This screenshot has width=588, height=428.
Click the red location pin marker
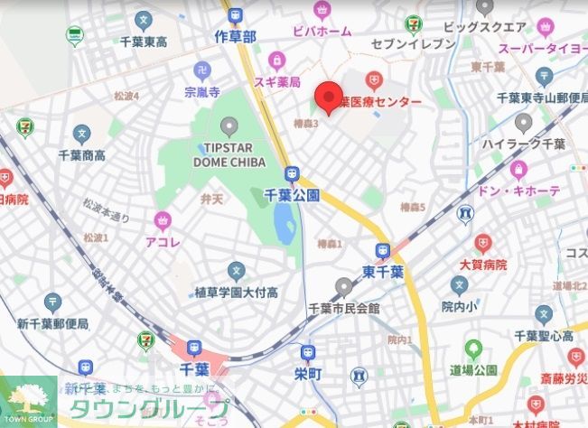click(x=327, y=95)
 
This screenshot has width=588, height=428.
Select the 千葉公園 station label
click(x=291, y=194)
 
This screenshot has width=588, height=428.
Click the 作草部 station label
click(x=236, y=35)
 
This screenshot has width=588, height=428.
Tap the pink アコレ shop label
click(x=163, y=241)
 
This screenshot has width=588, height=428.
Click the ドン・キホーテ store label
click(x=519, y=191)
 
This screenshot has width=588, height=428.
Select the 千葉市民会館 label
click(x=343, y=308)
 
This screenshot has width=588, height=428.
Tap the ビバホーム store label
click(x=322, y=32)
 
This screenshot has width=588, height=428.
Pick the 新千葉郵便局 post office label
click(x=52, y=323)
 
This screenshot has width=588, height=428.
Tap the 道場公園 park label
click(x=473, y=370)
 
